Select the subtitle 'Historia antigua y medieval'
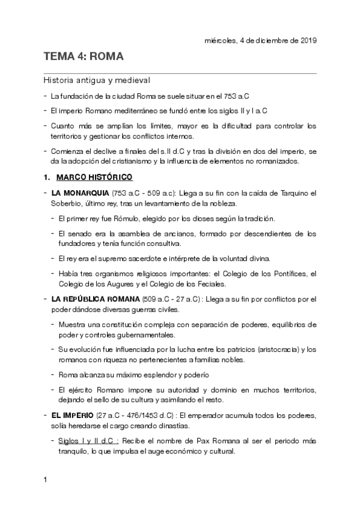tap(97, 80)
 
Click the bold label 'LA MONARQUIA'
tap(78, 192)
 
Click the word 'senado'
tap(79, 233)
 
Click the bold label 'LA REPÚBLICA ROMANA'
tap(96, 299)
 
